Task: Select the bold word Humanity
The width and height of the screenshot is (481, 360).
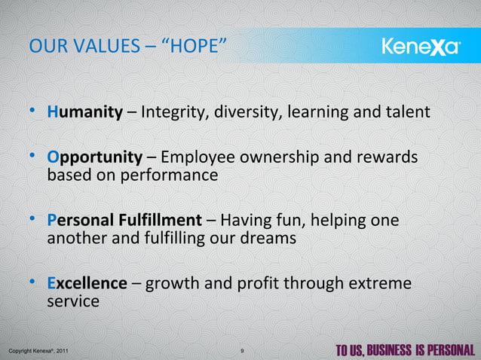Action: [85, 113]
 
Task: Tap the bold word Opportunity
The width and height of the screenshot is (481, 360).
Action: [94, 158]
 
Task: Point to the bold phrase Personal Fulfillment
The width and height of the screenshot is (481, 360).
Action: [124, 221]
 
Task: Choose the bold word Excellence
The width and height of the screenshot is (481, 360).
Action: [87, 284]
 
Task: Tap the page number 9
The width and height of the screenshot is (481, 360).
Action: [240, 350]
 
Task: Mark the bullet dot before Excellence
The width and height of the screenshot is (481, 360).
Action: [33, 283]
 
